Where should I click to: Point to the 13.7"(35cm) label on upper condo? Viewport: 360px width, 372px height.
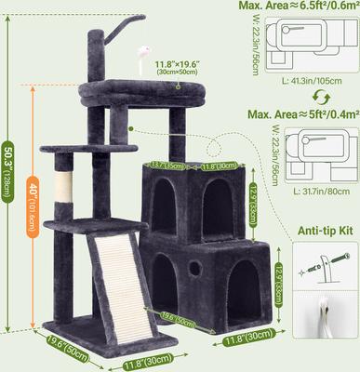coord(167,167)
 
